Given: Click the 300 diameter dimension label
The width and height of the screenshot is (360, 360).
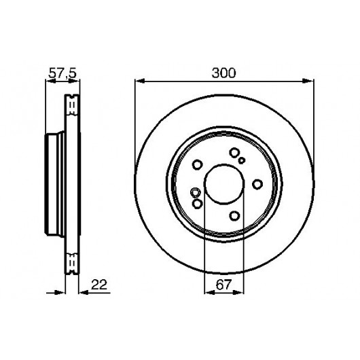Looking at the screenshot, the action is click(223, 73).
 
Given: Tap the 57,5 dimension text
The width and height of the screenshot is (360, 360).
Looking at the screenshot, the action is click(62, 73).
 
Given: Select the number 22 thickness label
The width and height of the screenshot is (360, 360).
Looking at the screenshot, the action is click(99, 285).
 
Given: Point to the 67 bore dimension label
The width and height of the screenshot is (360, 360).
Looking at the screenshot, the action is click(223, 285).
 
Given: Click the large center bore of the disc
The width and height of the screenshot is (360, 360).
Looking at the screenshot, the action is click(224, 183).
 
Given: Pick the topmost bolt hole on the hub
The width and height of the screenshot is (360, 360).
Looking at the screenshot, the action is click(234, 153).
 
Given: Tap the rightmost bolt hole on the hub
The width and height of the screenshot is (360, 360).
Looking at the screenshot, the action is click(257, 184).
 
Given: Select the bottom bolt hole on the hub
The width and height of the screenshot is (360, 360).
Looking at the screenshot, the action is click(234, 216).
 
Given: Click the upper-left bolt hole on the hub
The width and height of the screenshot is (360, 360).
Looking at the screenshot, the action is click(198, 164).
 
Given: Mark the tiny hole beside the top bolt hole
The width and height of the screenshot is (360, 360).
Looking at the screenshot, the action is click(242, 160).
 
